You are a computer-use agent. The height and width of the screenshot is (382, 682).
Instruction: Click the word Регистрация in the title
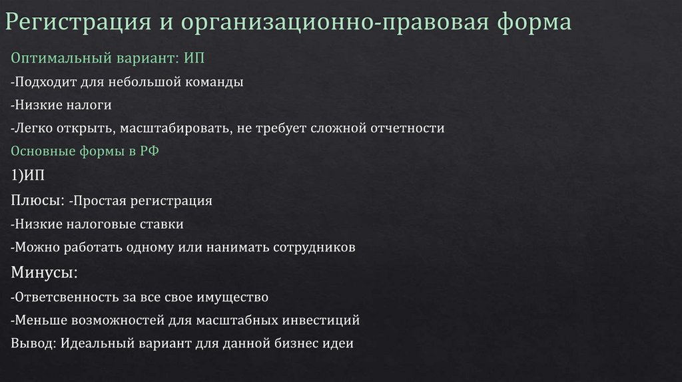click(81, 23)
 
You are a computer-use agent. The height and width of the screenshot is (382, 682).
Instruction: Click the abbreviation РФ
click(148, 151)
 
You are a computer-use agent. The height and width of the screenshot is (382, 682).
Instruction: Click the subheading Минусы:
click(45, 272)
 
